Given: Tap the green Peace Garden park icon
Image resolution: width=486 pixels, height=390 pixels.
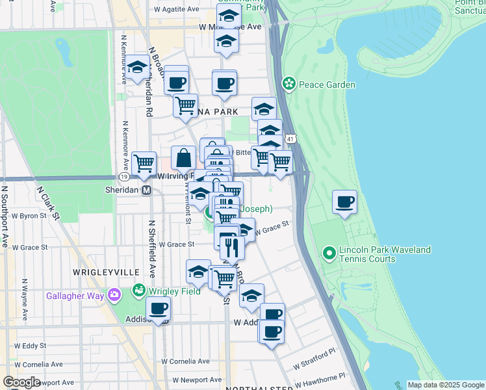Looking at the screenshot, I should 289,84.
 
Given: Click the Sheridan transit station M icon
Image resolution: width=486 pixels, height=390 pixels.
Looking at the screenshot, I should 147,190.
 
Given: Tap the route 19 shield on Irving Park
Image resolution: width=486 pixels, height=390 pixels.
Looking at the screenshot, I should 123,176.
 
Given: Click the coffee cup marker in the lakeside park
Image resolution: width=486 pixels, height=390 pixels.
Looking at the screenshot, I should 345,201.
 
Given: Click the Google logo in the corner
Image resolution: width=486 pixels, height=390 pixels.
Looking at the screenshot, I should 21,382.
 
